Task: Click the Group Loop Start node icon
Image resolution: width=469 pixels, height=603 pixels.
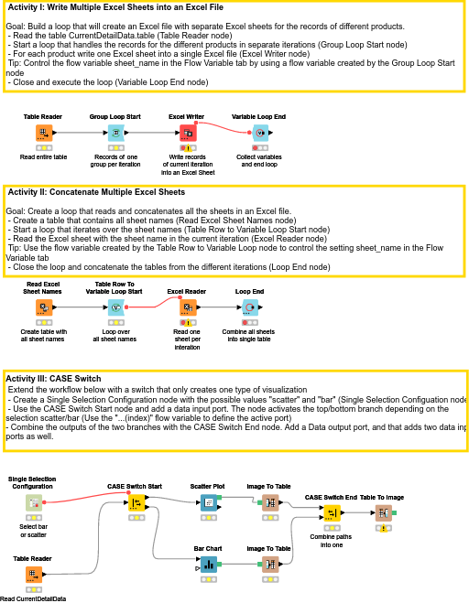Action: pos(115,134)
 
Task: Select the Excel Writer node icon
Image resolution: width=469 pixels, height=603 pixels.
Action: pos(187,134)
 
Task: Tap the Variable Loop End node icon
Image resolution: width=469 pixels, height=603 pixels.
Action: pos(258,134)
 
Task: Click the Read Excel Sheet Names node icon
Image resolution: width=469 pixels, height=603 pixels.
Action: pos(42,307)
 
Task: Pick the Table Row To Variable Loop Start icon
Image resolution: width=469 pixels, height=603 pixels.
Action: pos(115,307)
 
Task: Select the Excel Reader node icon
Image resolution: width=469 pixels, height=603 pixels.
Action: pos(186,307)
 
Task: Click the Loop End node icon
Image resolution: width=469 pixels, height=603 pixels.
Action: pos(250,307)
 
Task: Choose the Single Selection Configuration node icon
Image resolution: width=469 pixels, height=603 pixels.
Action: pos(33,502)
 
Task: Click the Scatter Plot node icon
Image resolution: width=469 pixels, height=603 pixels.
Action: pos(208,502)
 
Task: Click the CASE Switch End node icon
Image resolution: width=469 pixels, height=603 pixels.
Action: pos(331,512)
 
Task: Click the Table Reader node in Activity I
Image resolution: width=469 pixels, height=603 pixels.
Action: pos(42,134)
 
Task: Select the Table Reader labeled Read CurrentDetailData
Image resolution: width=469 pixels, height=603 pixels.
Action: pos(33,574)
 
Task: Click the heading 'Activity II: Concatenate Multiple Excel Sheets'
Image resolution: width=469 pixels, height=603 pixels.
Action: pos(95,192)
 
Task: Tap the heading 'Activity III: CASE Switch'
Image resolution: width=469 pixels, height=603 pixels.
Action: pos(66,378)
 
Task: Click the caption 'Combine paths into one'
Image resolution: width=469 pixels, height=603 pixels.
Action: pos(331,540)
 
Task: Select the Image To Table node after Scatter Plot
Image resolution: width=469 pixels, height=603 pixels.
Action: pos(269,502)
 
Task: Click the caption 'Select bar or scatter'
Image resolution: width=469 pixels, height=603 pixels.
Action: pos(33,531)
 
